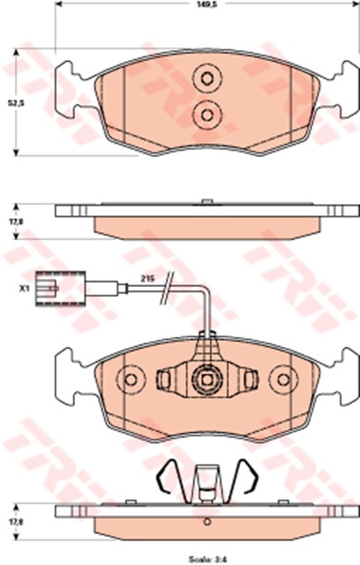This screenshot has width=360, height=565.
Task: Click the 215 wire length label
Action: click(148, 279)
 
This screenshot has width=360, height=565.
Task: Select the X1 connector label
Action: click(25, 288)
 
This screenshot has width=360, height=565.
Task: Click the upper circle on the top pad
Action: click(206, 78)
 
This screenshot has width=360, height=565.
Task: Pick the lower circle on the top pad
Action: click(206, 112)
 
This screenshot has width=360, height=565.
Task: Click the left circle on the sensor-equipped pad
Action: click(131, 379)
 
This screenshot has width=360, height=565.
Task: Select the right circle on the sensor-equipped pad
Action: click(283, 379)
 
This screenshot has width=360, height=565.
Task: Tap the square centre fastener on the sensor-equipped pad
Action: click(206, 380)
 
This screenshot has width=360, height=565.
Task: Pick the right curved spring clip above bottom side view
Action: click(252, 479)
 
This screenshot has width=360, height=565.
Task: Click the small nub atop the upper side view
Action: click(206, 203)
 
